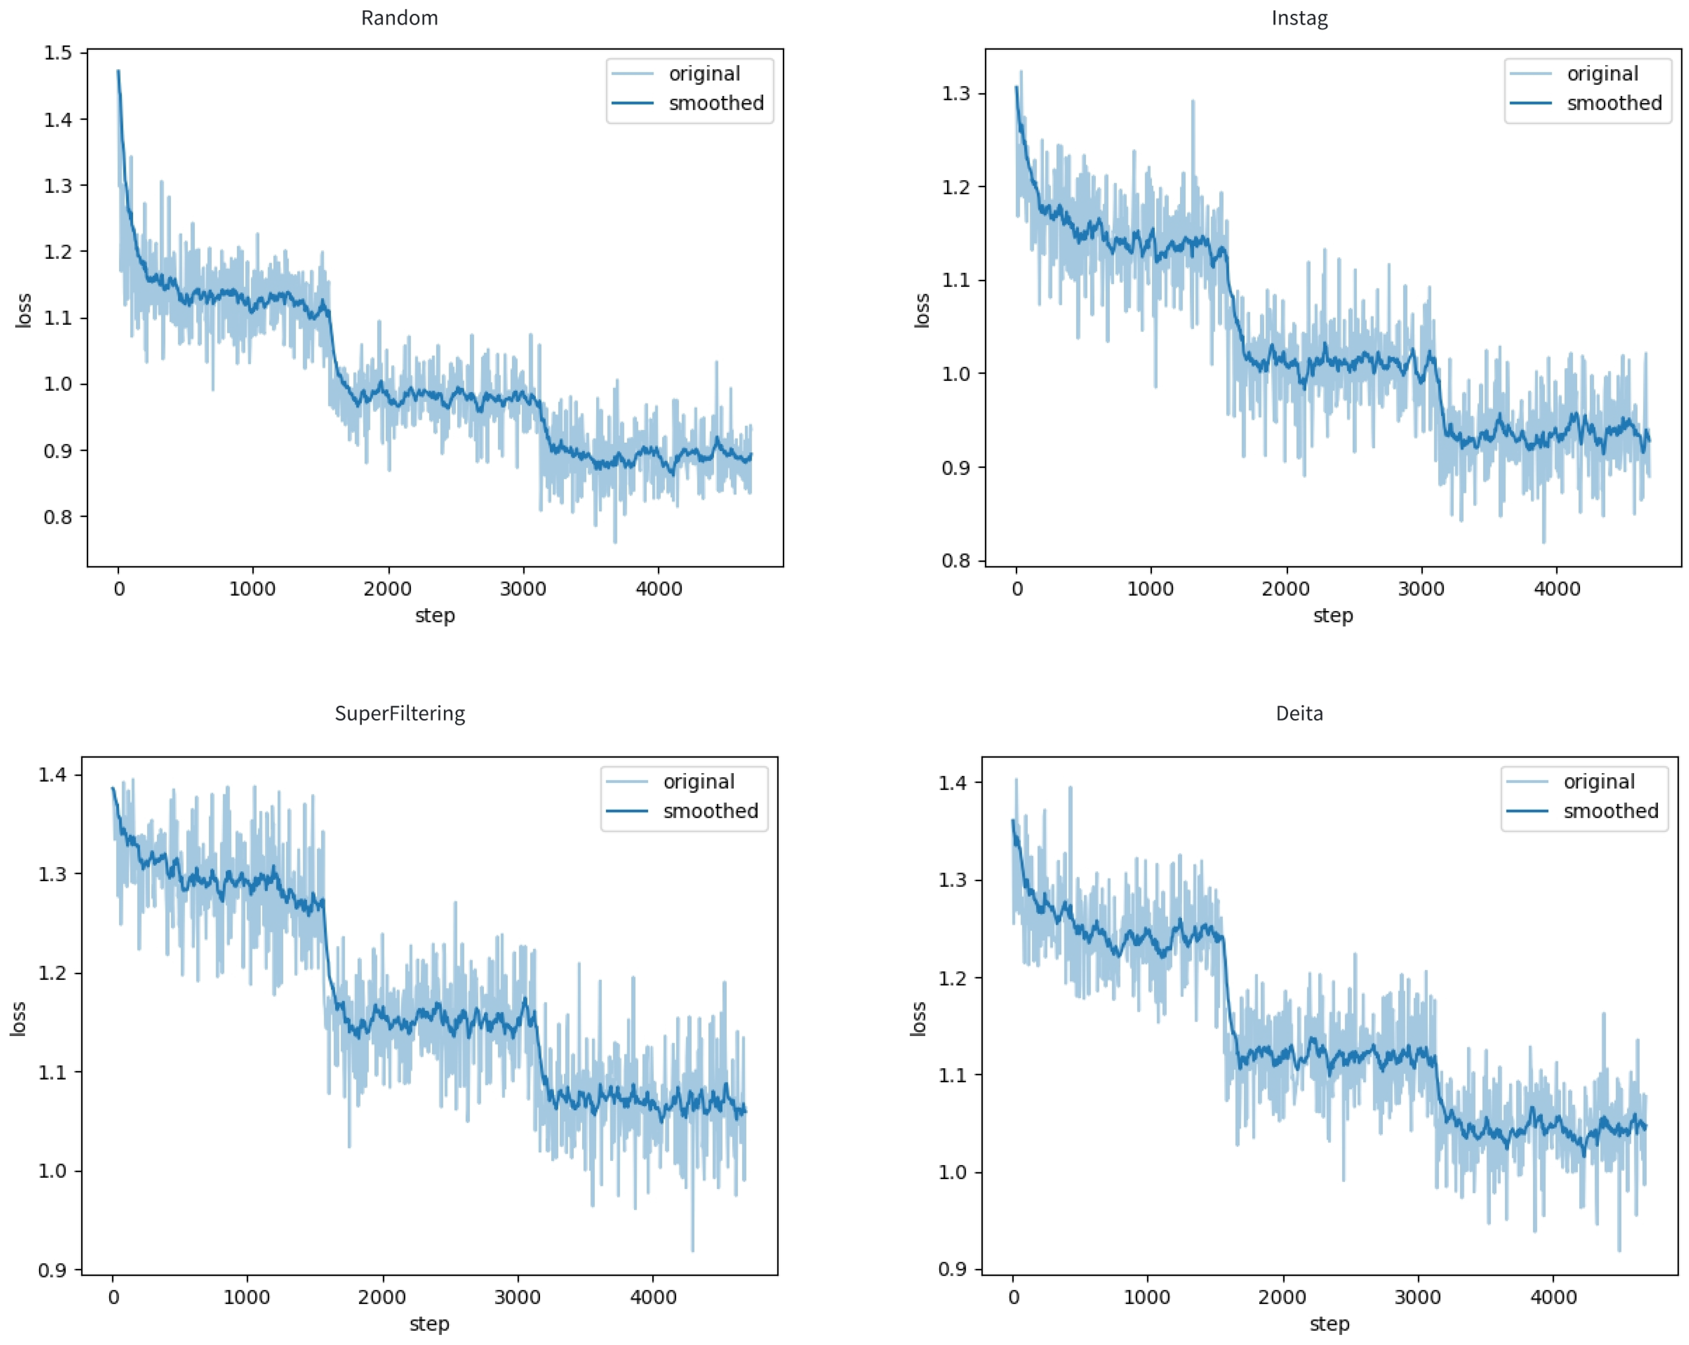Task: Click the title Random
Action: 400,18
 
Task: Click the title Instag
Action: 1299,18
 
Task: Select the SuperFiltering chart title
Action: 400,713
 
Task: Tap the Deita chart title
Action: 1299,713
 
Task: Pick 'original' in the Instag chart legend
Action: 1602,74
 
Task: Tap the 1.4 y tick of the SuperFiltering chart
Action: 52,775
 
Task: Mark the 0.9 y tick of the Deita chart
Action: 952,1269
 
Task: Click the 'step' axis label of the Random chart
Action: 435,615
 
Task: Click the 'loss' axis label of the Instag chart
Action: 922,310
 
